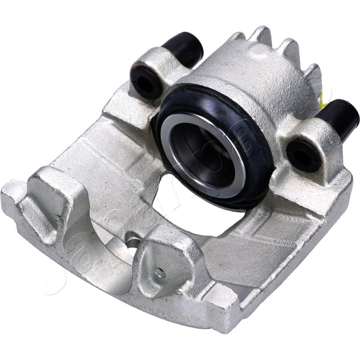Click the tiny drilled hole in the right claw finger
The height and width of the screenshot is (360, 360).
click(x=161, y=272)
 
